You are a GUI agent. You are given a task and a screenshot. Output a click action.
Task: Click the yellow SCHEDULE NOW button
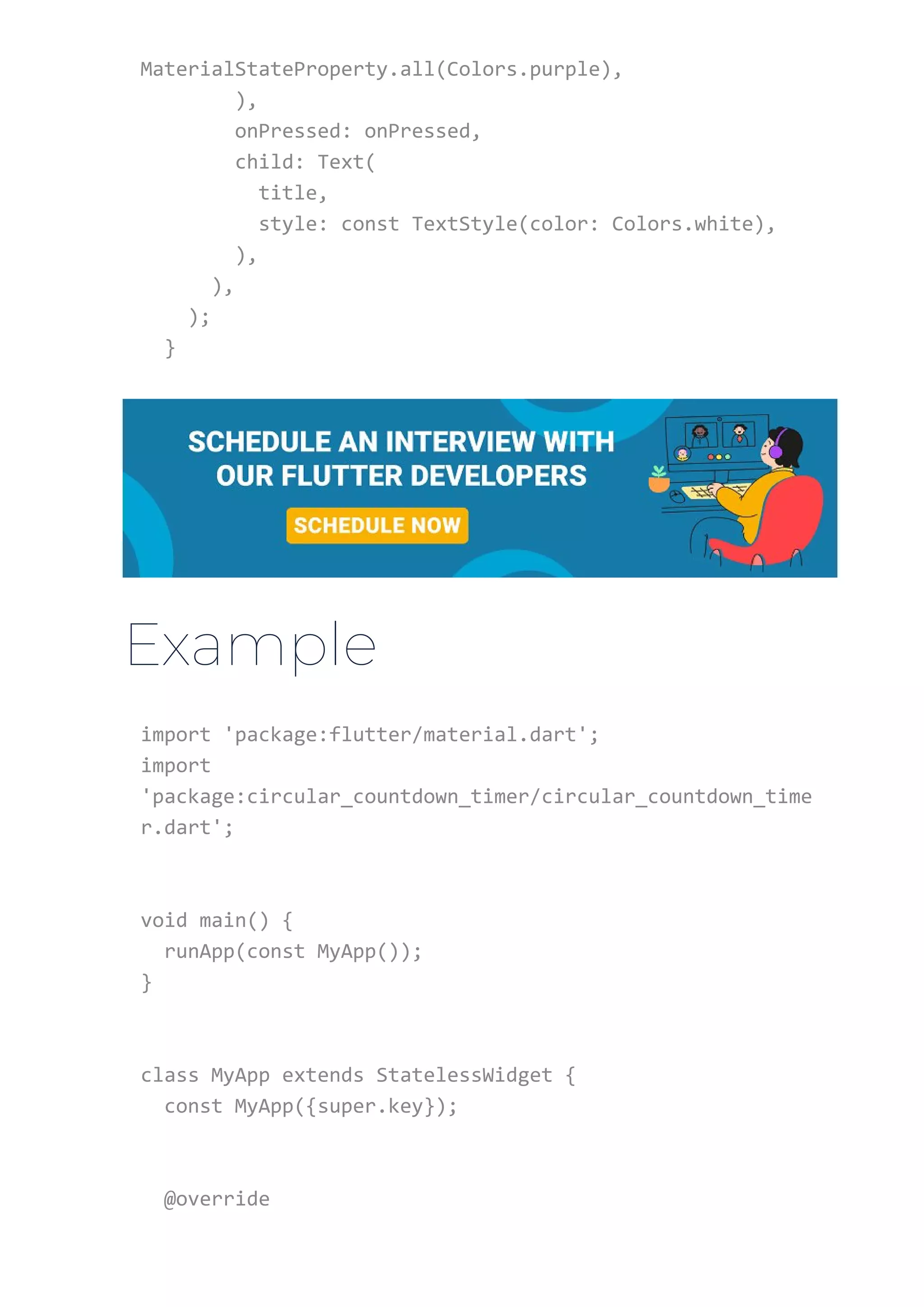click(x=377, y=525)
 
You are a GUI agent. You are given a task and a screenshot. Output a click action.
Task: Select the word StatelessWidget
click(x=464, y=1075)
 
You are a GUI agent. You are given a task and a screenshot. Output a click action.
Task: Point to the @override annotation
click(x=217, y=1198)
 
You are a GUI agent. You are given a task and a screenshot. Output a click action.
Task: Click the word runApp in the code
click(x=199, y=951)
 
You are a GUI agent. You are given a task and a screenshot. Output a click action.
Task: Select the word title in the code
click(x=287, y=193)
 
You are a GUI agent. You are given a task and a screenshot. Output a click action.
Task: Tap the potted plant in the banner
click(x=659, y=479)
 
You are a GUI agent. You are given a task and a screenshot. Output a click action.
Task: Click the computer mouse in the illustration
click(x=677, y=497)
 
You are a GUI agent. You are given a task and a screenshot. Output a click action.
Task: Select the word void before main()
click(x=164, y=920)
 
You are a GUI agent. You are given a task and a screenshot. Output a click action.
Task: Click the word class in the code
click(x=170, y=1075)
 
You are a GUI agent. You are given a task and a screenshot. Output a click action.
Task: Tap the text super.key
click(x=370, y=1106)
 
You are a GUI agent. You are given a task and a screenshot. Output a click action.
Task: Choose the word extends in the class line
click(x=323, y=1075)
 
